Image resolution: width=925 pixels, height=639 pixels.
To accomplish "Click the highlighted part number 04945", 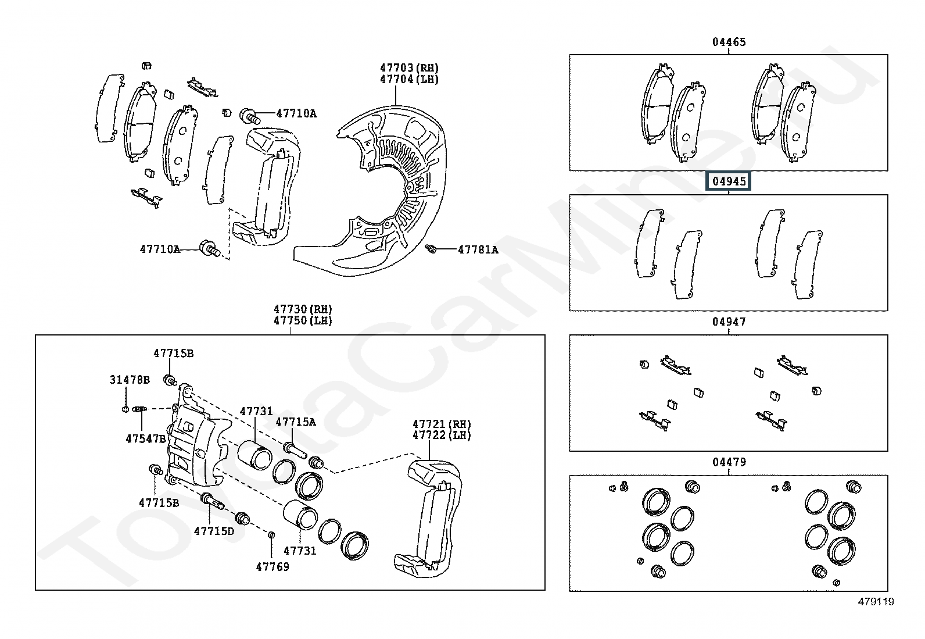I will click(729, 181).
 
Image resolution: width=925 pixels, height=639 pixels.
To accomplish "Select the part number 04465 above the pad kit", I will click(729, 42).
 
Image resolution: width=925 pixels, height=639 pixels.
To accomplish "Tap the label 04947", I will click(729, 322).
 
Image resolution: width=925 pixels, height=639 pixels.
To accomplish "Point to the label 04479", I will click(729, 462).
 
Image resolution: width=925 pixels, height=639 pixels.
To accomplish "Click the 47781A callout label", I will click(478, 249).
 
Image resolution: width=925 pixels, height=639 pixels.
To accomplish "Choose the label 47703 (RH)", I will click(409, 68).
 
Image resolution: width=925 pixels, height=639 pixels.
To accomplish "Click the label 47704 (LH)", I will click(409, 80).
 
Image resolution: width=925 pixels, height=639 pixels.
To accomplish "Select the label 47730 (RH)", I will click(303, 309).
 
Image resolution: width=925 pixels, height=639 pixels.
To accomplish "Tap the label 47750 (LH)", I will click(303, 320).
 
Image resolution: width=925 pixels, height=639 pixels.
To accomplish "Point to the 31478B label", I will click(130, 380).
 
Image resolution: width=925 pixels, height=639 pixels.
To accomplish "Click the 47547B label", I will click(146, 438).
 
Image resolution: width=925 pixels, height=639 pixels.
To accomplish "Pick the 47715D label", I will click(214, 531).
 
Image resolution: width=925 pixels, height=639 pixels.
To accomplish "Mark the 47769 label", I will click(273, 566).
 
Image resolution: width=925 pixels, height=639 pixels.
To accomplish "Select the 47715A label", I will click(296, 422).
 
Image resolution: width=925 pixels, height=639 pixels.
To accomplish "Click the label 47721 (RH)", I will click(442, 424).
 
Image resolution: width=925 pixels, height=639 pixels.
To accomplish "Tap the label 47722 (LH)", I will click(442, 435).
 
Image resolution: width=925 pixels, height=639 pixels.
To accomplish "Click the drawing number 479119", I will click(876, 602).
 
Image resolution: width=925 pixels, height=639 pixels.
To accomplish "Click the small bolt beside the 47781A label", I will click(431, 249).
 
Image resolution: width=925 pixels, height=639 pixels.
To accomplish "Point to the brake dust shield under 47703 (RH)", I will click(378, 192).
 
